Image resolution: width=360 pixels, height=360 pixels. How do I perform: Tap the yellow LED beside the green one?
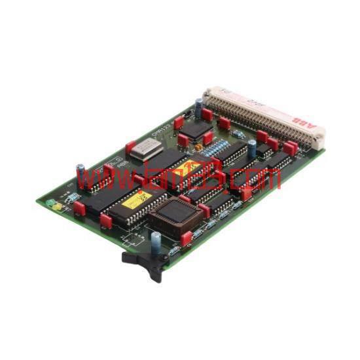58,207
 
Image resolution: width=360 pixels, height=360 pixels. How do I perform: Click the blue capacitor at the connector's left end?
198,107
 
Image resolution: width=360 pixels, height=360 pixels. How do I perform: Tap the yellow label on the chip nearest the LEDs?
137,199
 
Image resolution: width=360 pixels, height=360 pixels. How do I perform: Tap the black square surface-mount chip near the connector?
194,129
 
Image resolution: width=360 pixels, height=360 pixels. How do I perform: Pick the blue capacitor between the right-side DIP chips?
252,148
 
